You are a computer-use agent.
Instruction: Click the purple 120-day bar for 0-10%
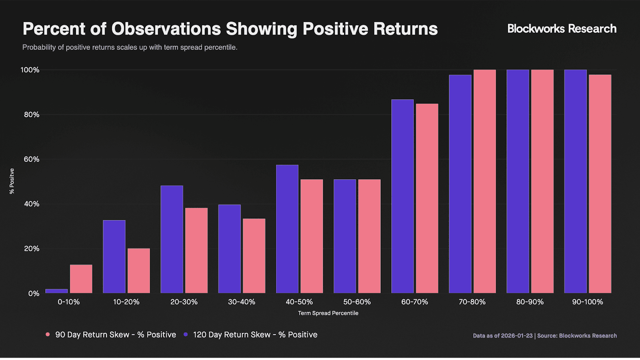point(56,291)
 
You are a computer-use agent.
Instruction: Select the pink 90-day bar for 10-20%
point(138,271)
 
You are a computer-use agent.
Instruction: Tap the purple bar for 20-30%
point(172,240)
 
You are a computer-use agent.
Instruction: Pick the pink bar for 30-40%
point(254,256)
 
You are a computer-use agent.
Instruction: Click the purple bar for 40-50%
point(287,229)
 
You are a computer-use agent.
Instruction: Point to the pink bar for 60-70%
point(427,198)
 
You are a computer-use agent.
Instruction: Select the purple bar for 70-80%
point(460,184)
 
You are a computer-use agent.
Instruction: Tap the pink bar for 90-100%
point(600,184)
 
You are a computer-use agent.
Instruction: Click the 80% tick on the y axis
point(32,115)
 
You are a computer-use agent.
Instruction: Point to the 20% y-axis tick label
point(32,249)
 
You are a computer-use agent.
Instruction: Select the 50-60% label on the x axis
point(357,302)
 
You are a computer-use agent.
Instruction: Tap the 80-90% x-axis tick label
point(530,302)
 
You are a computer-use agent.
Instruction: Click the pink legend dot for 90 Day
point(48,334)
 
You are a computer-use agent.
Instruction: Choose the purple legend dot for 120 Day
point(186,334)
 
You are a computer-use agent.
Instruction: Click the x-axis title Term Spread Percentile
point(328,313)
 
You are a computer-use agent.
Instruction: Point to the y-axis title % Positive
point(12,181)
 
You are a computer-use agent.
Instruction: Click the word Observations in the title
point(166,29)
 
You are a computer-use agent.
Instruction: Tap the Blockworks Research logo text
point(562,28)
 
